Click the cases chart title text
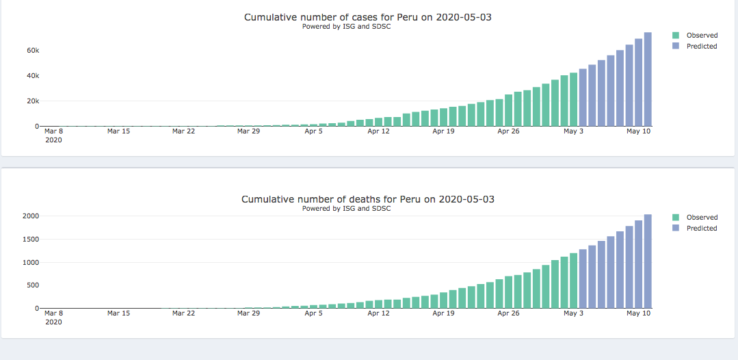pos(367,17)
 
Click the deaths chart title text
pos(367,199)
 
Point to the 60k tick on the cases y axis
pos(33,50)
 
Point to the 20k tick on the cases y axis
pos(33,101)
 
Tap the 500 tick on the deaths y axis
pos(32,285)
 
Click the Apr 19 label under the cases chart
pos(443,131)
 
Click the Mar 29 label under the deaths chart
pos(248,313)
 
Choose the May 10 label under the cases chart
pos(638,131)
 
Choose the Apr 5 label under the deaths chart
pos(313,313)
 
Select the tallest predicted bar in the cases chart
pos(648,79)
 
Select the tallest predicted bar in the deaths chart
pos(648,261)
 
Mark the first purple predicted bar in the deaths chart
pos(583,279)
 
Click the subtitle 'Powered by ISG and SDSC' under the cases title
pos(346,27)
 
